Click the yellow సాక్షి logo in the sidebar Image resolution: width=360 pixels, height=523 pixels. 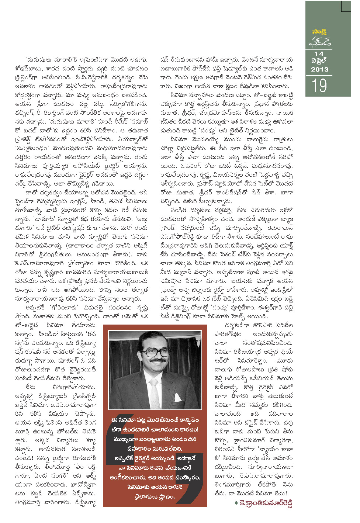[x=319, y=32]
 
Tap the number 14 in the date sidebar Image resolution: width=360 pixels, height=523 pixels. [x=319, y=54]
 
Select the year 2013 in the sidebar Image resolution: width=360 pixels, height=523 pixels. [x=319, y=69]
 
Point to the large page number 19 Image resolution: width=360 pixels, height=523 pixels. [x=319, y=86]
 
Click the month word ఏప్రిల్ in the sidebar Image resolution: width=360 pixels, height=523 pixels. [x=319, y=61]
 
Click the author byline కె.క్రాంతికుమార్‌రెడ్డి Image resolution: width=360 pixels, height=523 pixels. [x=266, y=504]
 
